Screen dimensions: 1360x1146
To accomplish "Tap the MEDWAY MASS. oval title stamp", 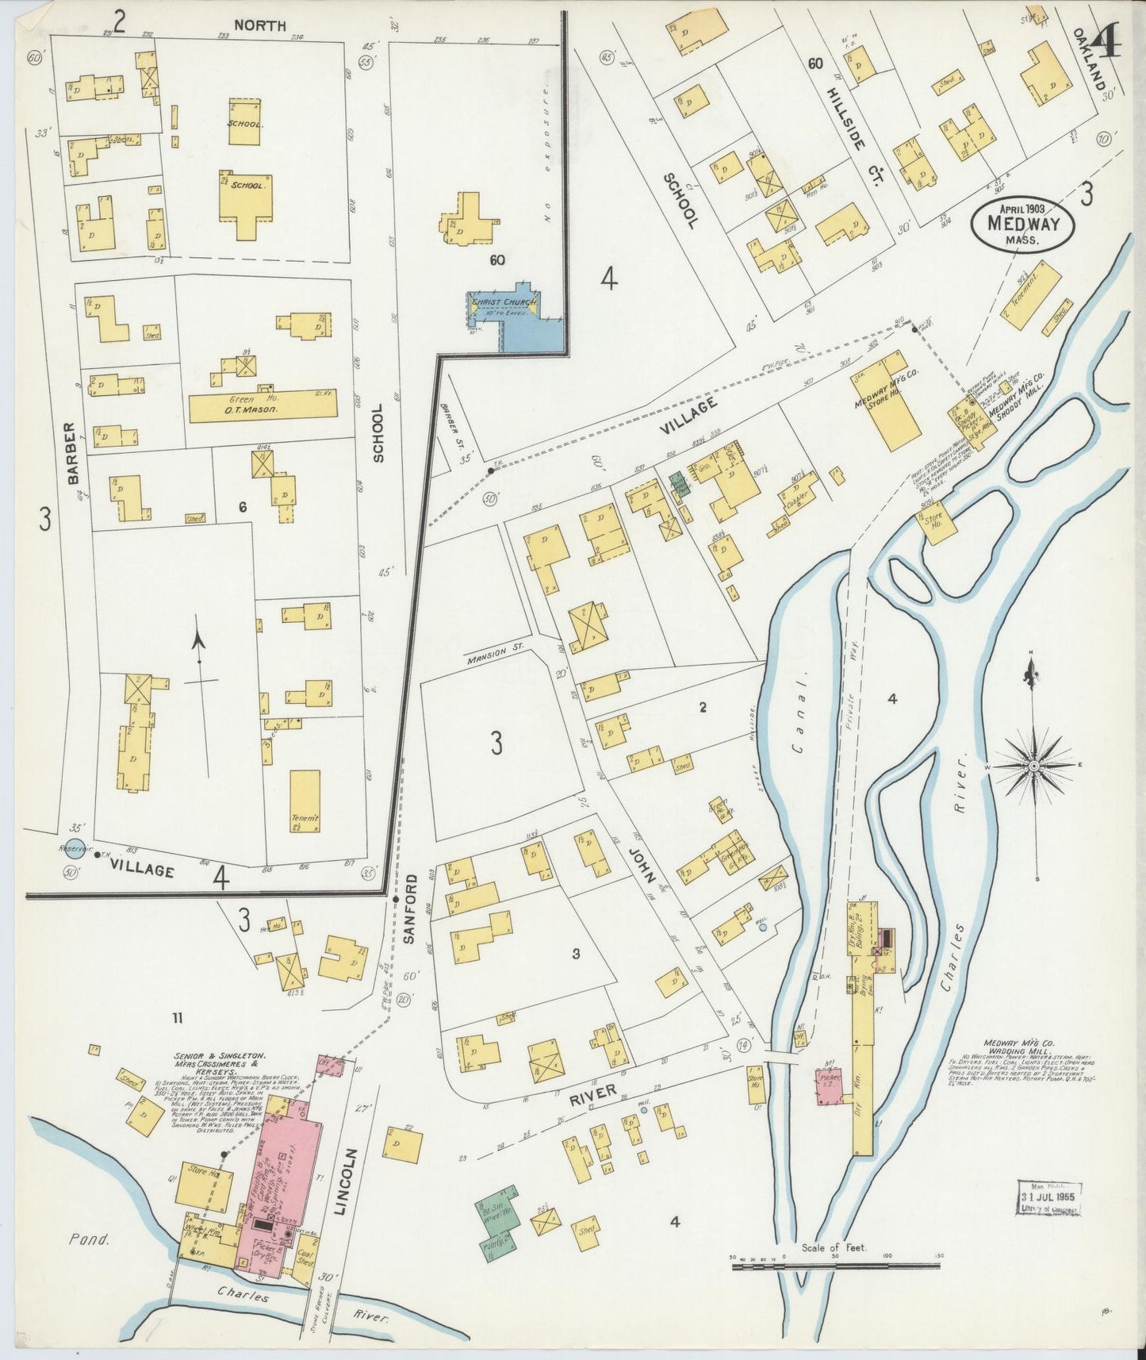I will coord(1022,224).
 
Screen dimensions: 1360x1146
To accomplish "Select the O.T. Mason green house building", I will coord(262,405).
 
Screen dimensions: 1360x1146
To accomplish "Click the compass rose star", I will coord(1035,766).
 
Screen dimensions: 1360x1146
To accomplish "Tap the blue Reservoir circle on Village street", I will coord(75,849).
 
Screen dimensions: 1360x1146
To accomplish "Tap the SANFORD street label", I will coord(411,909).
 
